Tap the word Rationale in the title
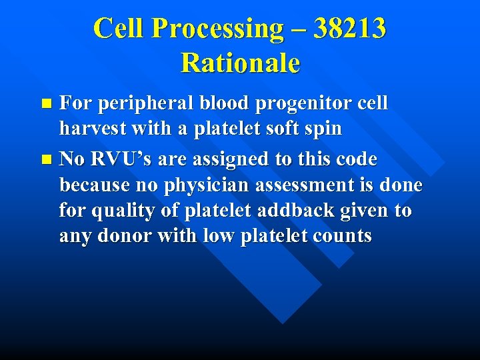[x=240, y=63]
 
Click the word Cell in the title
[x=122, y=29]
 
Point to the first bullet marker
[x=46, y=104]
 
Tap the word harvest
[x=95, y=129]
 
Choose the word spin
[x=323, y=129]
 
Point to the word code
[x=355, y=160]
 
